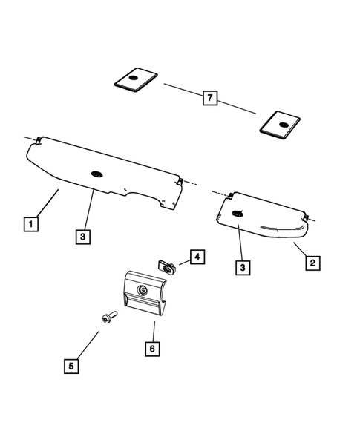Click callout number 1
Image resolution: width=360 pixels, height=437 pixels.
tap(30, 223)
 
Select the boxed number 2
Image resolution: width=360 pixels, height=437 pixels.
tap(313, 263)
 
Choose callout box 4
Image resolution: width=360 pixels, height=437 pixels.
tap(197, 257)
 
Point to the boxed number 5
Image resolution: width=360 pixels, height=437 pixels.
tap(71, 365)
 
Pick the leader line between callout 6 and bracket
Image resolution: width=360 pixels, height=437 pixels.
tap(153, 329)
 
